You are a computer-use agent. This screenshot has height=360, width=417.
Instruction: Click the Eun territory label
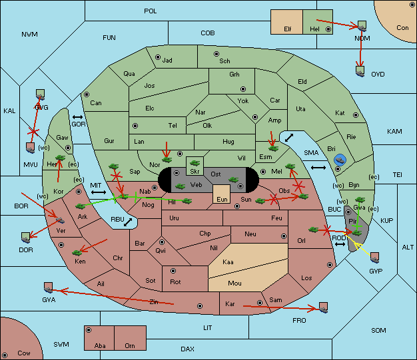coord(222,199)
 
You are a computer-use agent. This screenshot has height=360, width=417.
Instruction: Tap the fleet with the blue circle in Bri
coord(340,160)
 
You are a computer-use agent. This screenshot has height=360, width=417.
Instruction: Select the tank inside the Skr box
coord(195,163)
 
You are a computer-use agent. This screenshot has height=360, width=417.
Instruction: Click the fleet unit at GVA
coord(48,287)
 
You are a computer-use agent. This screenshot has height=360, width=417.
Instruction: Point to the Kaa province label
coord(228,262)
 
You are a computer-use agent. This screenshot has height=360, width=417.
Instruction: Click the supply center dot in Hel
coord(328,29)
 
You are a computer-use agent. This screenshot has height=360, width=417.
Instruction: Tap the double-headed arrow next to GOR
coord(77,117)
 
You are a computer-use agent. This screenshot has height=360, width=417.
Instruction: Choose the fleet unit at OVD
coord(360,71)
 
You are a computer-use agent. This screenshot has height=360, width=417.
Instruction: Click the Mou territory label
coord(234,283)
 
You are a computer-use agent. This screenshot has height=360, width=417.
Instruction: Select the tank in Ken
coord(77,252)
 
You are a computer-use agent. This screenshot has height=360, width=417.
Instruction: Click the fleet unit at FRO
coord(323,307)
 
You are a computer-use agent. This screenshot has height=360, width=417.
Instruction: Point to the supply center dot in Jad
coord(158,57)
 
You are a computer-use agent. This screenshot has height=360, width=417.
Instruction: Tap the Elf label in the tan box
coord(288,29)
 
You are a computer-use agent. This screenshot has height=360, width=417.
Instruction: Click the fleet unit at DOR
coord(25,238)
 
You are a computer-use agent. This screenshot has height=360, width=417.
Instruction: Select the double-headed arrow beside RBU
coord(128,222)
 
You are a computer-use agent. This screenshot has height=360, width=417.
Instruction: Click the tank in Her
coord(60,158)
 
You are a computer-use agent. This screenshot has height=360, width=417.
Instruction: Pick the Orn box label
coord(130,345)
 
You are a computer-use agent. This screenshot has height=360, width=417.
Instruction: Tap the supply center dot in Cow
coord(5,355)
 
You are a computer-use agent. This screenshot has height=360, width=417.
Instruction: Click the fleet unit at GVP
coord(374,258)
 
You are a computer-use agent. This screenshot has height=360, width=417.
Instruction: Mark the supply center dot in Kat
coord(356,115)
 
